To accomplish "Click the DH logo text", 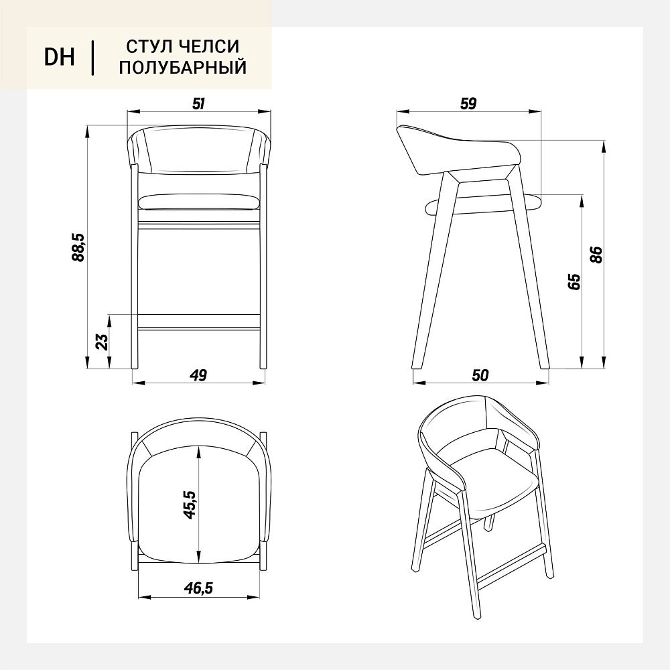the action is [60, 57].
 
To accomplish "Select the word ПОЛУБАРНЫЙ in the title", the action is [183, 68].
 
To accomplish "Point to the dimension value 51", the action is [199, 103].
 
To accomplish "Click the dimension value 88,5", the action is [79, 247].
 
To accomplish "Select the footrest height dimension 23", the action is [103, 342].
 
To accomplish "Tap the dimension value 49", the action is [199, 375].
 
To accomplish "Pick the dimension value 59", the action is [468, 103].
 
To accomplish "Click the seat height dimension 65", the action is [575, 281].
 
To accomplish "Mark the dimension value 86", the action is [597, 255].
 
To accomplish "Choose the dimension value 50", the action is [480, 375].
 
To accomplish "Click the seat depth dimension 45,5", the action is [190, 505].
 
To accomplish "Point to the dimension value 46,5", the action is [198, 588].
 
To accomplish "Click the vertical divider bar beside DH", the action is [92, 58].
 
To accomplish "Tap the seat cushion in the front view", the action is [199, 202].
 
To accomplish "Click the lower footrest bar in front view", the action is [199, 322].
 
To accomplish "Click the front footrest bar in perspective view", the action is [511, 565].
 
